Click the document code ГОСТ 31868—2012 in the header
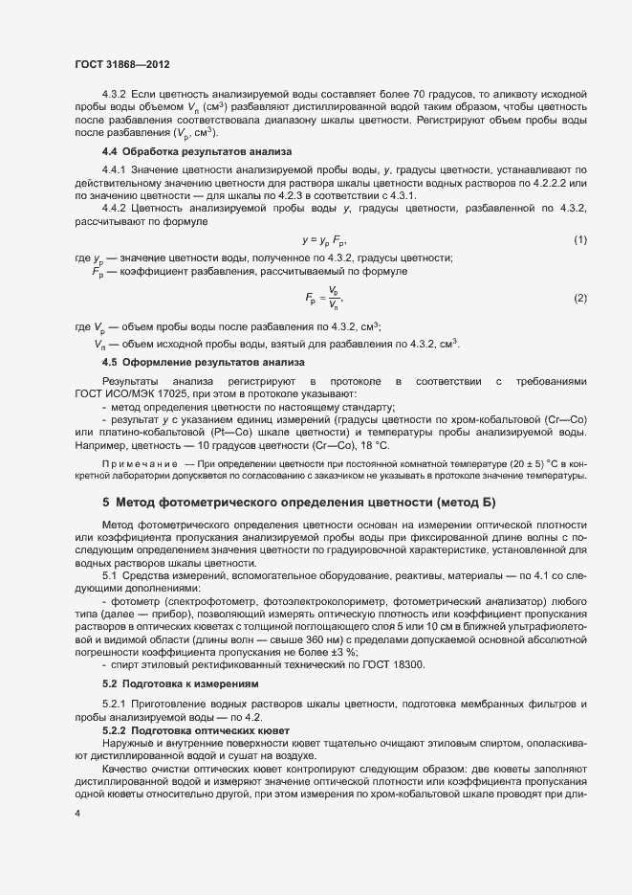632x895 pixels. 122,64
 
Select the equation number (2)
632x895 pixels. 579,299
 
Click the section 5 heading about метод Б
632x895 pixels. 299,502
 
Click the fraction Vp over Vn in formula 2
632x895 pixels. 333,298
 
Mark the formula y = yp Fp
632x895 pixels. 324,239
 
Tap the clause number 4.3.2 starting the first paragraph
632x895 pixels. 115,97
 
